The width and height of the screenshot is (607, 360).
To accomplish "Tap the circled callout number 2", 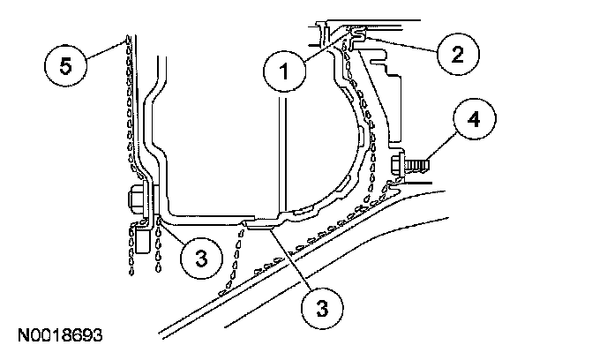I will [x=456, y=52].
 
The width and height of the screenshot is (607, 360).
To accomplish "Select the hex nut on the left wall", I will [x=139, y=200].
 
